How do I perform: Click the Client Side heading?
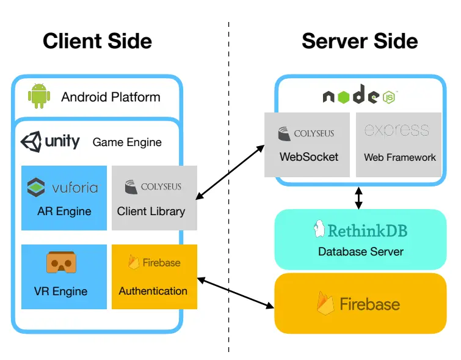pos(97,41)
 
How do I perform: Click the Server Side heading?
pos(360,41)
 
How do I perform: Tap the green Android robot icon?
pos(38,97)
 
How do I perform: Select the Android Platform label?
pos(111,97)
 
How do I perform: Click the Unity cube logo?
pos(31,142)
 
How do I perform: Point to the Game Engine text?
pos(127,142)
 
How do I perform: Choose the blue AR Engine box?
pos(64,197)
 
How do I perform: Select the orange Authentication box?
pos(154,276)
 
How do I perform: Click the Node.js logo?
pos(360,95)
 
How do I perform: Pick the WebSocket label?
pos(308,157)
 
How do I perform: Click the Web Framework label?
pos(399,157)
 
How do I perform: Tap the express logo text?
pos(396,130)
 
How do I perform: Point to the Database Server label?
pos(360,251)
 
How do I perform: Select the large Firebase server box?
pos(360,303)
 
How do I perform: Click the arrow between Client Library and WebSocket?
pos(230,172)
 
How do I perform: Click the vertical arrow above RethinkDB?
pos(359,197)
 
